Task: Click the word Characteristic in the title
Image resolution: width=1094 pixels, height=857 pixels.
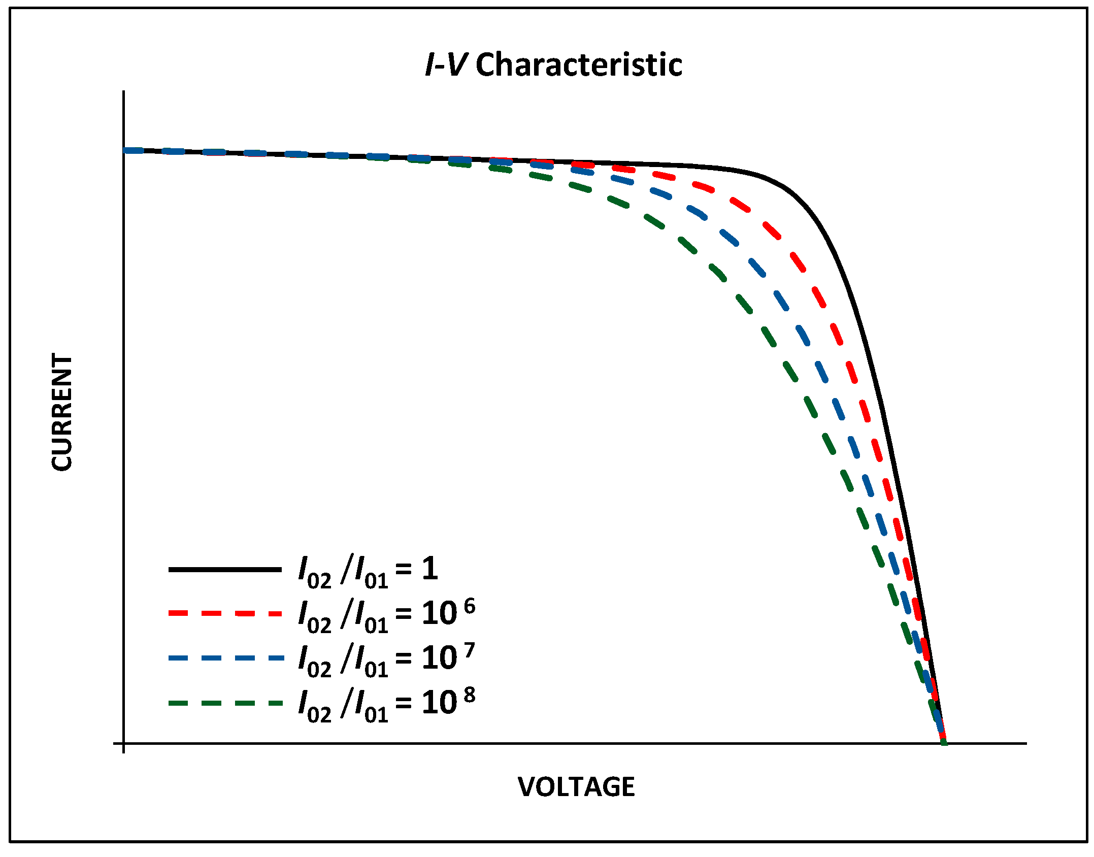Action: (x=579, y=65)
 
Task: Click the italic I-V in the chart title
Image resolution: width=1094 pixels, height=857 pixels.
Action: (x=445, y=65)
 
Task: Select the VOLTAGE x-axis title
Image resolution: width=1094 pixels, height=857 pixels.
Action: (x=576, y=787)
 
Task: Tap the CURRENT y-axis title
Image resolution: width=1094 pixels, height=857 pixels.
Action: (x=62, y=412)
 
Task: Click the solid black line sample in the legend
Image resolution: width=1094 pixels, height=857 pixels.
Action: (x=225, y=570)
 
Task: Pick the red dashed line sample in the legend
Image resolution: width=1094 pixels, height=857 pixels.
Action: (x=225, y=614)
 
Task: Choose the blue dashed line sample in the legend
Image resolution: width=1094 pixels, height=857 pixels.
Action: (x=225, y=658)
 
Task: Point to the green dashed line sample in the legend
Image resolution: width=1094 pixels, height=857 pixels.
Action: (x=225, y=703)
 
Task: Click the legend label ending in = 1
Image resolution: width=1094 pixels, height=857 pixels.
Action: (x=368, y=571)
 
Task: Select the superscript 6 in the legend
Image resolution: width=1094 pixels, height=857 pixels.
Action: (x=470, y=606)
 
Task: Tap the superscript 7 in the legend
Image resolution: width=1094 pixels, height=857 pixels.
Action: (x=470, y=650)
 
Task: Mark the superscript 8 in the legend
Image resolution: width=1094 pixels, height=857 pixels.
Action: (x=470, y=695)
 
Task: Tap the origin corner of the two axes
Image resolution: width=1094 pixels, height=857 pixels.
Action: (x=124, y=743)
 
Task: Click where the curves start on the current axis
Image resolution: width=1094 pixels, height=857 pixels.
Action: (x=125, y=150)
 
